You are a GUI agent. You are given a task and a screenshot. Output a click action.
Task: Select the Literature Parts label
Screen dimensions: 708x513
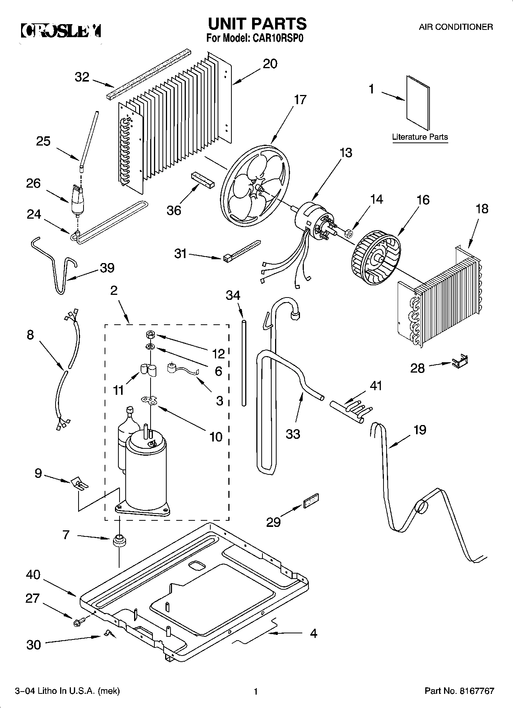[420, 137]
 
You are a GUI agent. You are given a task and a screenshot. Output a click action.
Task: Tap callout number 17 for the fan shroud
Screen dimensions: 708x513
[300, 100]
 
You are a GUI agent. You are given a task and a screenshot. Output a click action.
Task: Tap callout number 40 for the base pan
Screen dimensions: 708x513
[33, 574]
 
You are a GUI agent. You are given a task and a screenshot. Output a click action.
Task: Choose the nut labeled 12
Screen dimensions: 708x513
[150, 335]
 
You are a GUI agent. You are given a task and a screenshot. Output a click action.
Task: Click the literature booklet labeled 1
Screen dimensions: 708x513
[418, 103]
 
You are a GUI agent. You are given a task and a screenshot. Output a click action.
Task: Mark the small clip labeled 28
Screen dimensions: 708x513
[459, 361]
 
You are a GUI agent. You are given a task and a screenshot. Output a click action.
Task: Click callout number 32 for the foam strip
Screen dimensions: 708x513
[82, 77]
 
